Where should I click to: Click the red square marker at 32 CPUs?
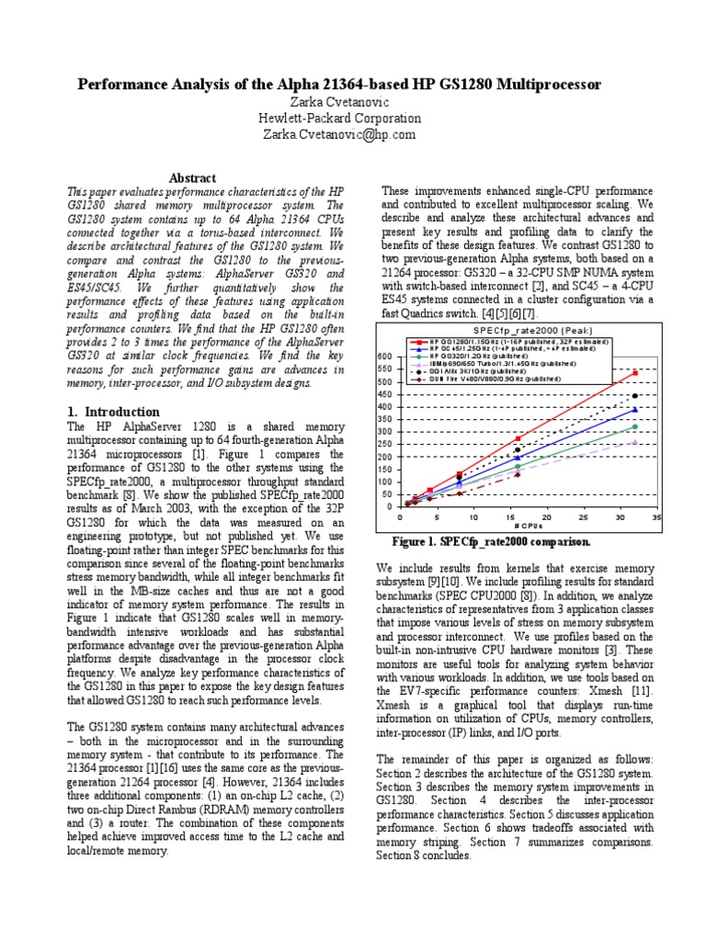point(635,372)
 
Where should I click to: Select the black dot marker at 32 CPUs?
point(635,396)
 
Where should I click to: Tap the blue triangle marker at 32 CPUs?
point(635,410)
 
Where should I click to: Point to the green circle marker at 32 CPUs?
point(635,426)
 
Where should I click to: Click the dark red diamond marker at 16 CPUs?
point(518,474)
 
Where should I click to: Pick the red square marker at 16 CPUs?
point(518,438)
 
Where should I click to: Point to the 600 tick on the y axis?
point(385,357)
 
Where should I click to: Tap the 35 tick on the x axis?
point(656,516)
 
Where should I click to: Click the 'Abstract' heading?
point(194,177)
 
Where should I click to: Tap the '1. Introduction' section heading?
point(114,412)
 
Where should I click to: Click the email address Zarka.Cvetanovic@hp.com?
point(337,134)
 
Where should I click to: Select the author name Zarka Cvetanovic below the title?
point(337,102)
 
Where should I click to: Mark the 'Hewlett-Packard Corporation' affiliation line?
point(337,118)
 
